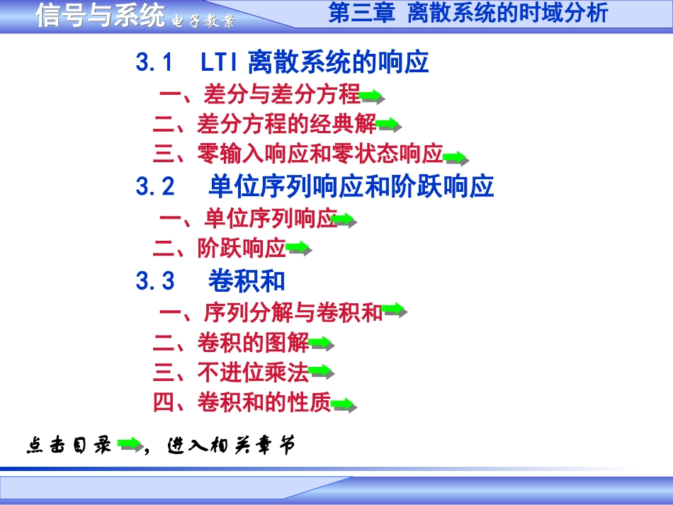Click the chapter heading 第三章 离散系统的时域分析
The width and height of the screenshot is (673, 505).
[x=468, y=13]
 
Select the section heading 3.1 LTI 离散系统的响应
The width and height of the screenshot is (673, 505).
[x=282, y=63]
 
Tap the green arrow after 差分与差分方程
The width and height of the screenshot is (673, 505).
[x=372, y=96]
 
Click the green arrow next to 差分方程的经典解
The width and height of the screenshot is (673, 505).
[x=388, y=125]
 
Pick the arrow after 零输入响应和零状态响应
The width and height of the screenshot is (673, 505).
[x=456, y=157]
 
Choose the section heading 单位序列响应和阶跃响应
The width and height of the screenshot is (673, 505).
[x=351, y=187]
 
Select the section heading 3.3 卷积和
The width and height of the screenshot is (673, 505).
[x=210, y=281]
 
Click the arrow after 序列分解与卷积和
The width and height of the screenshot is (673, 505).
[x=394, y=310]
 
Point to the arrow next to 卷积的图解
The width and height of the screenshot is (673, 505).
[x=322, y=344]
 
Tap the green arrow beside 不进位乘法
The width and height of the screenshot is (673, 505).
[x=321, y=370]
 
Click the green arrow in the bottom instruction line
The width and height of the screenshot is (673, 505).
[x=130, y=444]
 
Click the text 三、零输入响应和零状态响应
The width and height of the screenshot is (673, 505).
[x=298, y=154]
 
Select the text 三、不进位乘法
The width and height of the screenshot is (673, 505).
[x=231, y=372]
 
